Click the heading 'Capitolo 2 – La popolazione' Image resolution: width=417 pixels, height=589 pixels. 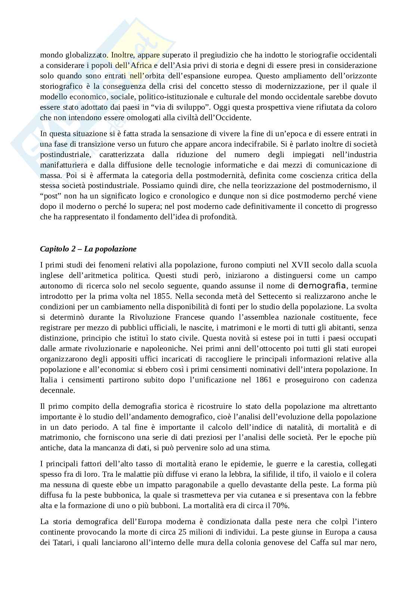click(88, 249)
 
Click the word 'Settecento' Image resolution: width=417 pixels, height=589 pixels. click(273, 297)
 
